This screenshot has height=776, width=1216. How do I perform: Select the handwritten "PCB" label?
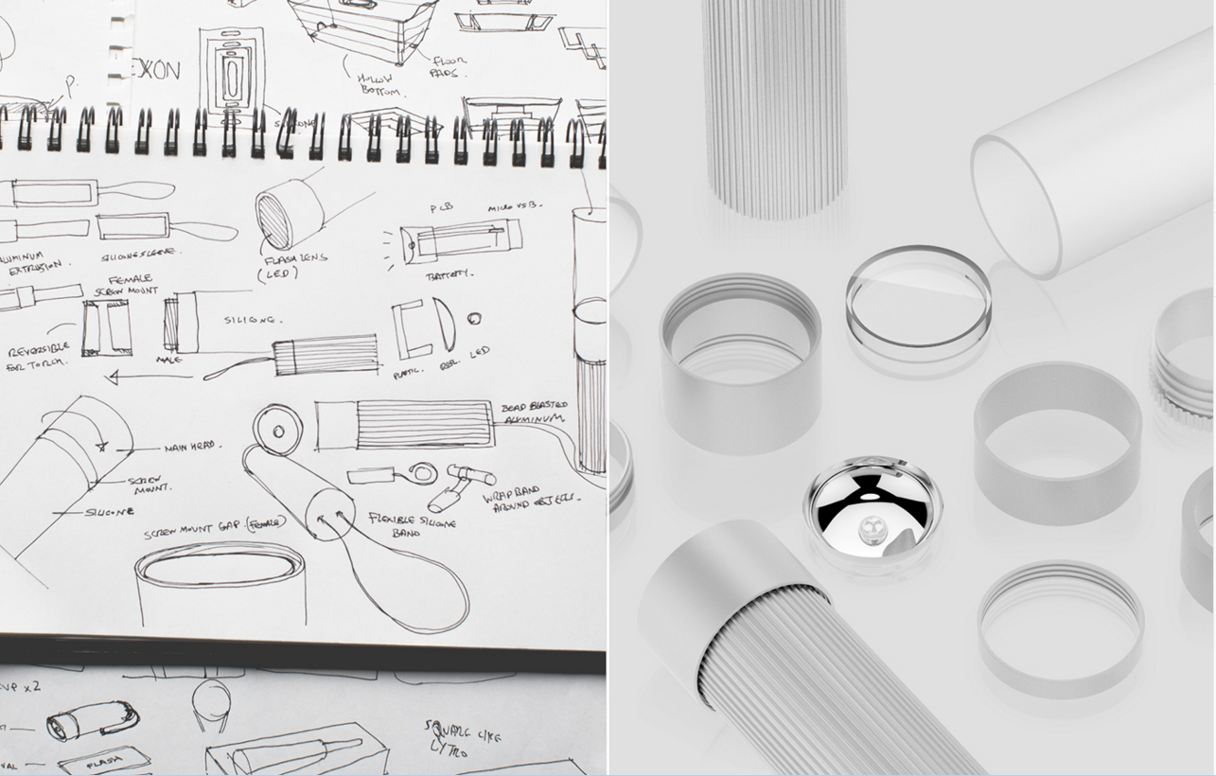(442, 208)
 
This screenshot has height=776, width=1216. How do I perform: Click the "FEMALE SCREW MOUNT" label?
(132, 286)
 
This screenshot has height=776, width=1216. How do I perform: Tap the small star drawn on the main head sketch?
(101, 445)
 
